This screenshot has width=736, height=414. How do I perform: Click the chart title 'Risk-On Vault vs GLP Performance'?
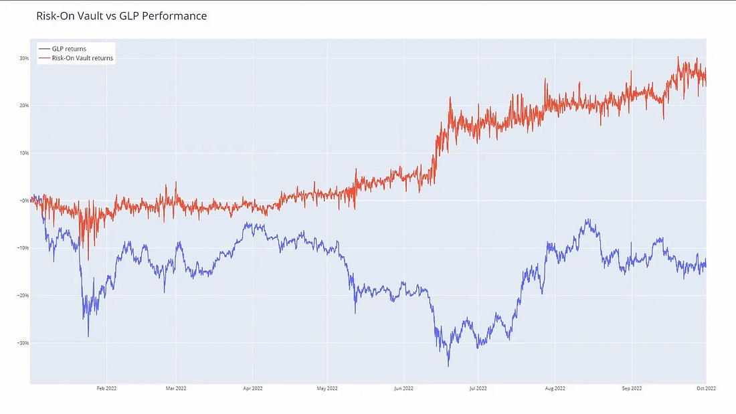(x=121, y=16)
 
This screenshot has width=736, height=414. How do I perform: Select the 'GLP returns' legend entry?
(x=69, y=49)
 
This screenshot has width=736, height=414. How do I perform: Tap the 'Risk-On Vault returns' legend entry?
(x=82, y=58)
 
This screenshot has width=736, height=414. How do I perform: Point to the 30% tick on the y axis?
(x=23, y=58)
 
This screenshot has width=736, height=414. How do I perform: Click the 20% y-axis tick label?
(x=23, y=106)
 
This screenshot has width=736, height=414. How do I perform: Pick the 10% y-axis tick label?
(x=23, y=153)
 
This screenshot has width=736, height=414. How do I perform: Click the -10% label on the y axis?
(x=23, y=248)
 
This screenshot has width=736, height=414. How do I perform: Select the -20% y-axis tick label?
(x=23, y=296)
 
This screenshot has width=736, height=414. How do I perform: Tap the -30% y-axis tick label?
(x=23, y=343)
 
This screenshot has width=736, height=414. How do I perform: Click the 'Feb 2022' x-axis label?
(x=106, y=388)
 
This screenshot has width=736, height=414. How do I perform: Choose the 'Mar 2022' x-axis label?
(x=175, y=388)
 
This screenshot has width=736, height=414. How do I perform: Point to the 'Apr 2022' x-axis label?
(x=252, y=388)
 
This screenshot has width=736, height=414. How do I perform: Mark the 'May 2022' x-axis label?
(x=327, y=388)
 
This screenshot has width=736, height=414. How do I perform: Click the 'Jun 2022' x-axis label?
(x=403, y=388)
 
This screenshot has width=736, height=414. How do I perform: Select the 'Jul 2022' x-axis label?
(x=478, y=388)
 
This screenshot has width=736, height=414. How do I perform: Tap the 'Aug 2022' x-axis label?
(x=555, y=388)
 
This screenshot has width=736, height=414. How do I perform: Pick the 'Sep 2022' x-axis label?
(x=632, y=388)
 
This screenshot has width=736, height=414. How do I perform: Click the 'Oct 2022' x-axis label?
(x=706, y=388)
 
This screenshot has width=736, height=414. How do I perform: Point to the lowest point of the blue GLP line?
(x=448, y=366)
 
